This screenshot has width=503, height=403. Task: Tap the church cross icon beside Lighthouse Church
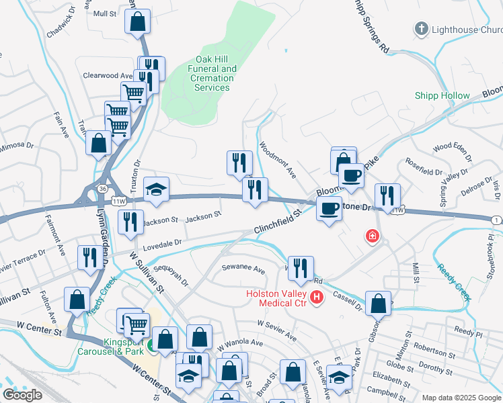pos(421,29)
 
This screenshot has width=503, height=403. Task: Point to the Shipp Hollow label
pos(442,96)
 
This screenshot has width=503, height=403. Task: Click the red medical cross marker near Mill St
pos(371,236)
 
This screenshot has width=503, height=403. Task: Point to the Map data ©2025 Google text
pos(461,398)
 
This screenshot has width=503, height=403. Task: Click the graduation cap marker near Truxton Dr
pos(156,189)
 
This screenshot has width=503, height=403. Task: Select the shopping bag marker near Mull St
pos(137,21)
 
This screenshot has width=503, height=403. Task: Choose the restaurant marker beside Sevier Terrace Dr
pos(89,257)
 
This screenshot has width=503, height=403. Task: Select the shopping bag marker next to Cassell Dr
pos(379,303)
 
